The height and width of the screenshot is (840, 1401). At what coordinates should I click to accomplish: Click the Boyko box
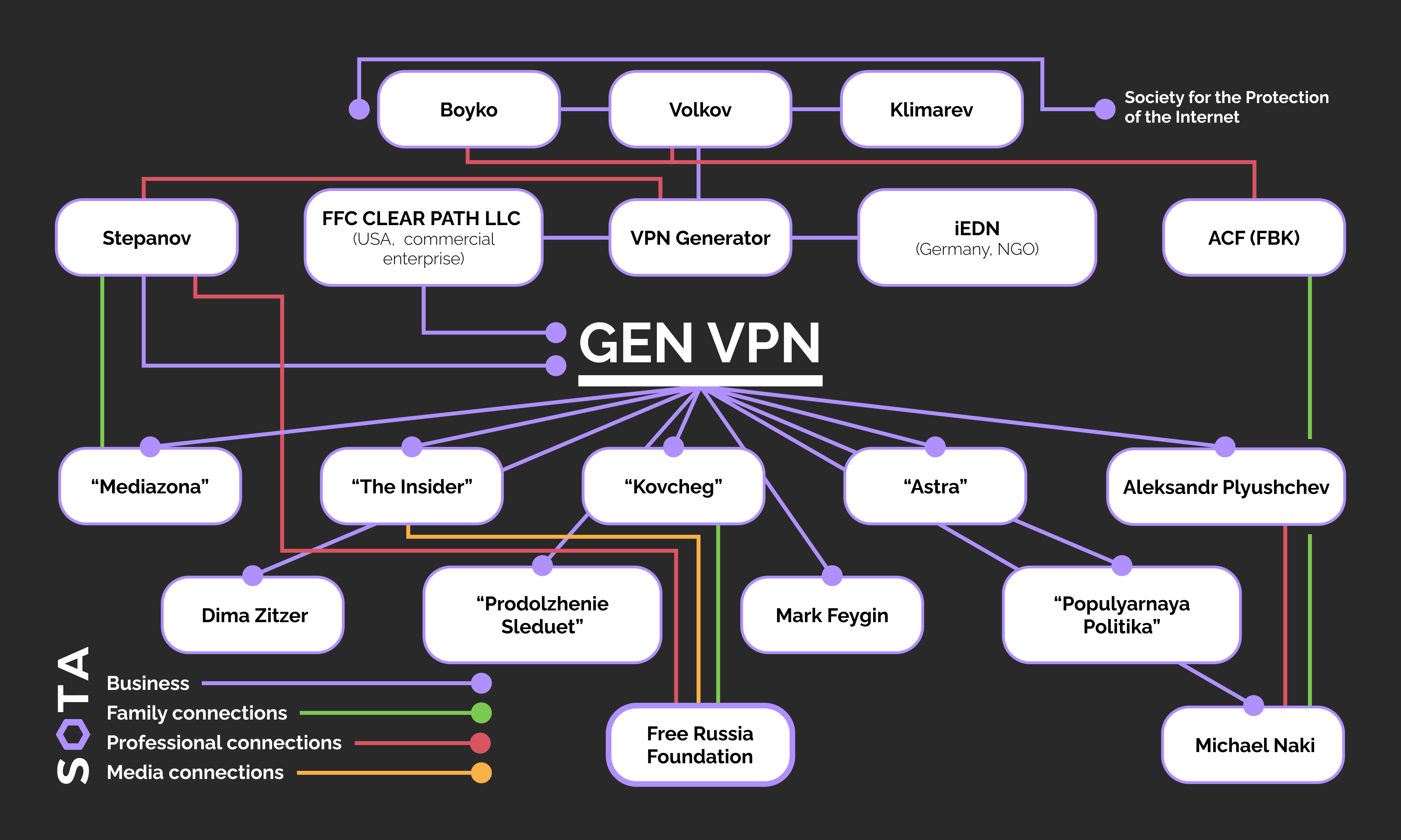coord(468,109)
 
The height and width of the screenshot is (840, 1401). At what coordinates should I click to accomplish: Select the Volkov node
coord(700,109)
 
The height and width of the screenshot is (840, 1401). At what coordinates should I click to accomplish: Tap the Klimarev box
coord(932,109)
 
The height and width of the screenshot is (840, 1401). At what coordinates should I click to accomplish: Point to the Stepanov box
coord(147,238)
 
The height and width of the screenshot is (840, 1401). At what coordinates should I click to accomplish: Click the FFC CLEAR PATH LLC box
coord(423,238)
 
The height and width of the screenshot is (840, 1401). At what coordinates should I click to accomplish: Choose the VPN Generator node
coord(700,238)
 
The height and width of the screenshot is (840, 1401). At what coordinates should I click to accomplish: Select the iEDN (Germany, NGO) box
coord(977,238)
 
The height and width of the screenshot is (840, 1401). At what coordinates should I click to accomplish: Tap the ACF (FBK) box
coord(1254,238)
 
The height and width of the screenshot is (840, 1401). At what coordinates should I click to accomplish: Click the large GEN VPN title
coord(700,344)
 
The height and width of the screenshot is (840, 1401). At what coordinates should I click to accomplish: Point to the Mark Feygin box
coord(832,615)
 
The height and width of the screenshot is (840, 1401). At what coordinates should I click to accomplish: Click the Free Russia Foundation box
coord(700,745)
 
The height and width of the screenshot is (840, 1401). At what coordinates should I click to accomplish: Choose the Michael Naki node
coord(1254,745)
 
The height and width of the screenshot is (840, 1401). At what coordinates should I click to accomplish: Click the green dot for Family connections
coord(481,713)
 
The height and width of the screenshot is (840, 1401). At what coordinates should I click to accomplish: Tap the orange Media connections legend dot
coord(481,773)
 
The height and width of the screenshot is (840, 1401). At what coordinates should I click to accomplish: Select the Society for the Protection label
coord(1226,107)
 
